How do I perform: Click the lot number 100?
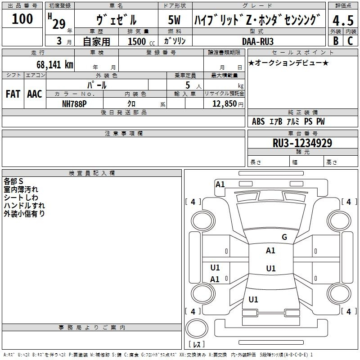click(22, 19)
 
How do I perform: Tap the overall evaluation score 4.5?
click(343, 21)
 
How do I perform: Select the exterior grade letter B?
click(335, 40)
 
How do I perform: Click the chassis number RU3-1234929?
click(302, 143)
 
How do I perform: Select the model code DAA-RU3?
click(258, 41)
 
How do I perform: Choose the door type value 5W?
click(175, 20)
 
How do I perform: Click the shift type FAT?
click(13, 94)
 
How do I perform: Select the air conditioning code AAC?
click(35, 94)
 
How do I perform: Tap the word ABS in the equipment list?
click(258, 121)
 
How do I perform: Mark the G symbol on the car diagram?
click(284, 237)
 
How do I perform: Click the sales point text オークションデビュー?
click(288, 63)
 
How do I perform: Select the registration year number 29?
click(59, 23)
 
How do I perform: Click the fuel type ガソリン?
click(175, 41)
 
